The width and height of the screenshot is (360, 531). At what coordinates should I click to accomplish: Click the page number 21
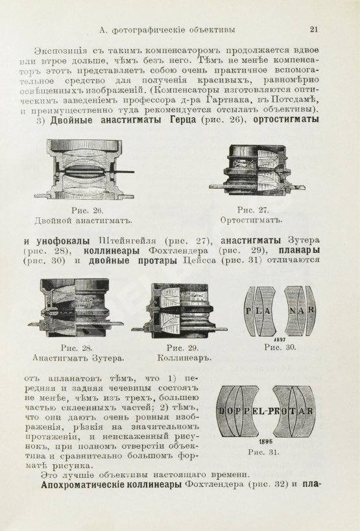pos(314,29)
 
